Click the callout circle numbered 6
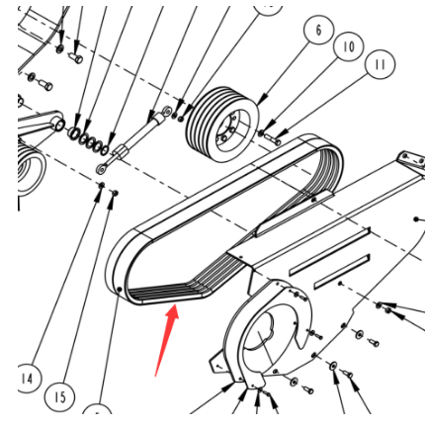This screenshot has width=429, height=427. [x=318, y=30]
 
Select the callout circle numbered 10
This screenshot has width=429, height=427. [x=349, y=46]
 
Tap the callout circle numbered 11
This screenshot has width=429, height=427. [x=380, y=64]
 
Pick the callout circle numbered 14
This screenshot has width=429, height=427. [x=28, y=378]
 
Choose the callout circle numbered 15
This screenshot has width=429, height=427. [x=59, y=396]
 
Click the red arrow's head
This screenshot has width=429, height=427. [x=173, y=313]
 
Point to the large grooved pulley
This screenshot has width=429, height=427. [x=222, y=125]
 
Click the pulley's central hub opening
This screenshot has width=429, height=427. [x=228, y=128]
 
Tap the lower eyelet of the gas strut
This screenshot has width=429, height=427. [x=101, y=170]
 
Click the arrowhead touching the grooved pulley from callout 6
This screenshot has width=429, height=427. [x=262, y=100]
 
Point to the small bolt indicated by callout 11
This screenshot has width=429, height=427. [x=274, y=139]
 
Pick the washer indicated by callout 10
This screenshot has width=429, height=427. [x=261, y=133]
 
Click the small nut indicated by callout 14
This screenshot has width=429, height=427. [x=102, y=185]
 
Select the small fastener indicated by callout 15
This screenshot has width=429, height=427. [x=115, y=193]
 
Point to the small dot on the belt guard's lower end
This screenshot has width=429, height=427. [x=120, y=290]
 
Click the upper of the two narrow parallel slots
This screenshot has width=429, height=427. [x=329, y=251]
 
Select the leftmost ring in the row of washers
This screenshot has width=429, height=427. [x=73, y=132]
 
